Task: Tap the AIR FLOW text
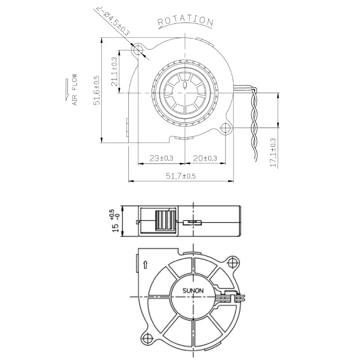tap(75, 90)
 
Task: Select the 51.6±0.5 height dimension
tap(96, 90)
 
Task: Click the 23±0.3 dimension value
tap(161, 158)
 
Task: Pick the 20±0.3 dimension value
tap(205, 158)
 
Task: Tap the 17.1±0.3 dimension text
tap(273, 153)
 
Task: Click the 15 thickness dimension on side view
tap(116, 222)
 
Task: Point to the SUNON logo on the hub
tap(193, 290)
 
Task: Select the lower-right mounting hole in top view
tap(225, 128)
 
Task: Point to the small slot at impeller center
tap(184, 85)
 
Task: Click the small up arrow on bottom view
tap(144, 265)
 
